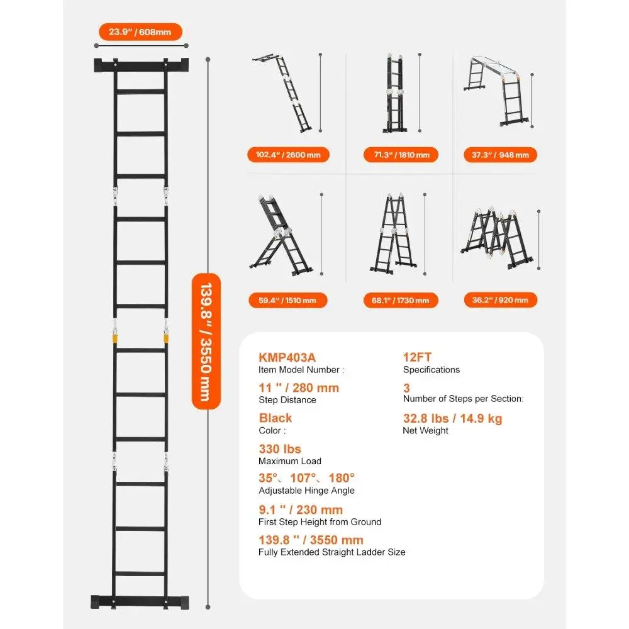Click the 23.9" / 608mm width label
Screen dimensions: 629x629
(140, 31)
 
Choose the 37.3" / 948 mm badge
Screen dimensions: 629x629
(496, 155)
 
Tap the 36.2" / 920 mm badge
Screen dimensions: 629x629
(496, 300)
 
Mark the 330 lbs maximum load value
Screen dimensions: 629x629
(280, 449)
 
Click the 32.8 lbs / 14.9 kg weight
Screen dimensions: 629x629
(452, 418)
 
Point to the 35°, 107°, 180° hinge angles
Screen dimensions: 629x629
(307, 478)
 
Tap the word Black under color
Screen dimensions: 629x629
(276, 418)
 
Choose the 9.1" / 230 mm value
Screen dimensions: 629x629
(301, 509)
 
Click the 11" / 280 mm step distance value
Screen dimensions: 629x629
(299, 387)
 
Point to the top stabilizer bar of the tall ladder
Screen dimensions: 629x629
(141, 65)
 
